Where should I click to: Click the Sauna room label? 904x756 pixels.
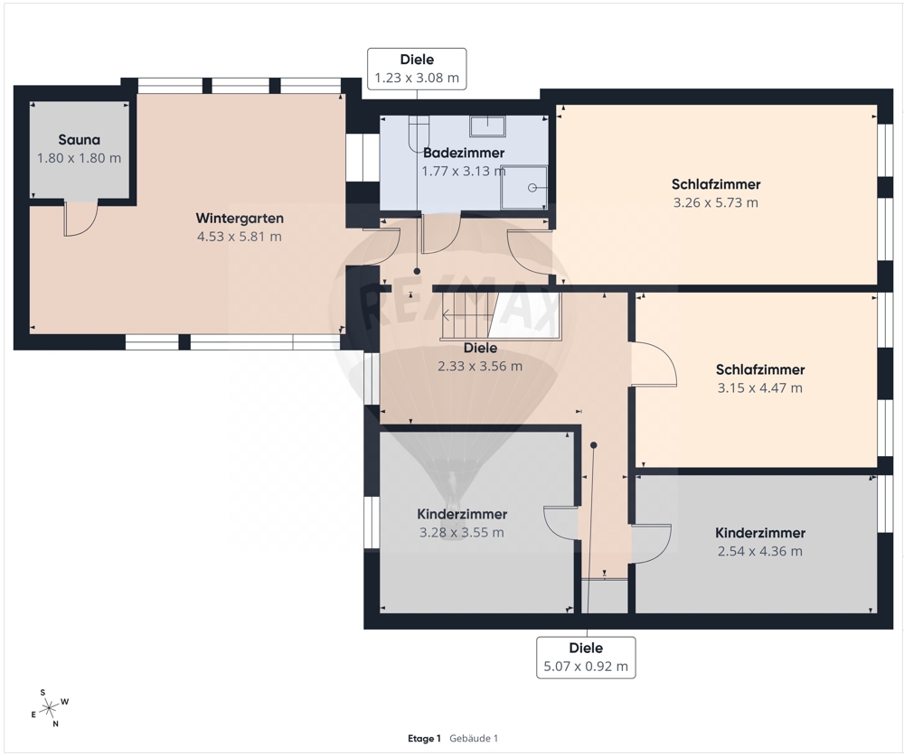pyautogui.click(x=80, y=139)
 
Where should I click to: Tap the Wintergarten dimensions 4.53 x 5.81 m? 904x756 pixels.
pyautogui.click(x=240, y=237)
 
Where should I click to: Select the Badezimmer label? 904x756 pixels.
pyautogui.click(x=464, y=153)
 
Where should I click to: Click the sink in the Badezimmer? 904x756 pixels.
pyautogui.click(x=487, y=126)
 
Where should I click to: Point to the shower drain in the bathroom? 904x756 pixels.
pyautogui.click(x=532, y=188)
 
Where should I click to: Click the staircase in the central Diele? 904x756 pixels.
pyautogui.click(x=468, y=315)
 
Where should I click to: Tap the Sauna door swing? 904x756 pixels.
pyautogui.click(x=80, y=219)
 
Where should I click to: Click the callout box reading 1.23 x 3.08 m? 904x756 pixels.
pyautogui.click(x=417, y=69)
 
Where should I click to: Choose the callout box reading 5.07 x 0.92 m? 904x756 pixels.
pyautogui.click(x=586, y=658)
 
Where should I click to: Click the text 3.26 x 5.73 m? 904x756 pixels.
pyautogui.click(x=715, y=203)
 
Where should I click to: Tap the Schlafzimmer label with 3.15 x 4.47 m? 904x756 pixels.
pyautogui.click(x=760, y=369)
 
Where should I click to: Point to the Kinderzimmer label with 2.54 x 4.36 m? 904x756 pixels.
pyautogui.click(x=760, y=533)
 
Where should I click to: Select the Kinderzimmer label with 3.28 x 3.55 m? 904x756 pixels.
pyautogui.click(x=462, y=514)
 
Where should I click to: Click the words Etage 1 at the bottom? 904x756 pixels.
pyautogui.click(x=424, y=739)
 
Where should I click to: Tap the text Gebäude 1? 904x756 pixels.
pyautogui.click(x=474, y=739)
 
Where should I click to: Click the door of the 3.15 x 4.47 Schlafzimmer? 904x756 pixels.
pyautogui.click(x=654, y=364)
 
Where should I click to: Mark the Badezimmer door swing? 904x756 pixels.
pyautogui.click(x=441, y=233)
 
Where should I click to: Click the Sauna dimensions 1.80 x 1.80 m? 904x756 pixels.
pyautogui.click(x=80, y=158)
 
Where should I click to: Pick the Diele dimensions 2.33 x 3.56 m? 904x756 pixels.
pyautogui.click(x=480, y=367)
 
